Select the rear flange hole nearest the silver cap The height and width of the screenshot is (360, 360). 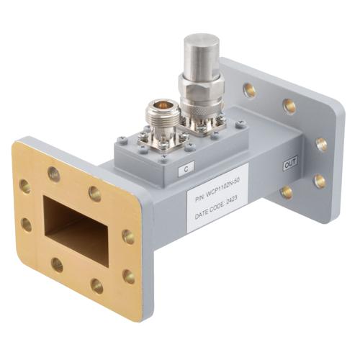249,90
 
